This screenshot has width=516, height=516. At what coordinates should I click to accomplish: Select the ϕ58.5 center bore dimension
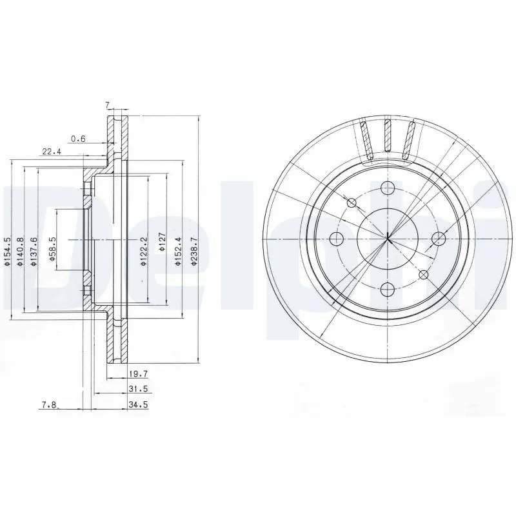click(x=52, y=246)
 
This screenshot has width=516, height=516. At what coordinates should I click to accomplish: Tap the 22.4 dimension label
click(x=51, y=152)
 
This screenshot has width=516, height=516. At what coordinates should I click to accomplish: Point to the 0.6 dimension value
click(x=77, y=138)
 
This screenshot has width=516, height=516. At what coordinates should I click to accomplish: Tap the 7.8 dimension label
click(x=49, y=405)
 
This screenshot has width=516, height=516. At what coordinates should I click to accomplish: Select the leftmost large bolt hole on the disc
click(x=336, y=239)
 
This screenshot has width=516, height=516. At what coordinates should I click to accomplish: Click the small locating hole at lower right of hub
click(x=423, y=275)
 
